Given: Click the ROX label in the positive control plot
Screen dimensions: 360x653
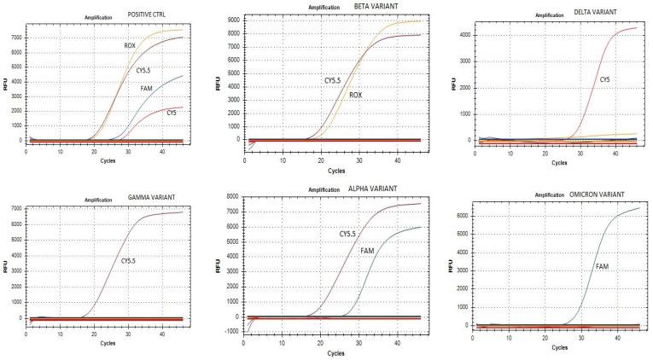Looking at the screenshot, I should pos(131,44).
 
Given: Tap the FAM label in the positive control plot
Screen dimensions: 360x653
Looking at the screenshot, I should pos(147,88).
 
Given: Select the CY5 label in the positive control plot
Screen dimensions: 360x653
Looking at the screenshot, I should pos(172,112).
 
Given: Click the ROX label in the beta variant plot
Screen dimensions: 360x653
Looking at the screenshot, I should pos(356,96).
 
